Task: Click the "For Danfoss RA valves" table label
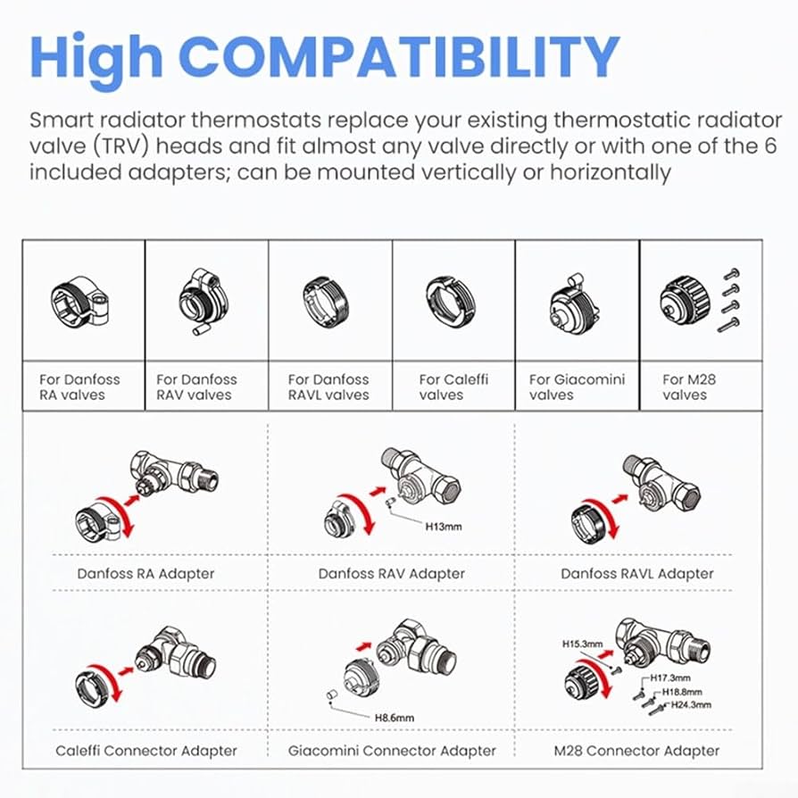point(80,387)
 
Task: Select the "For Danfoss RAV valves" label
point(196,387)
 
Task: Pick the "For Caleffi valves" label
point(453,387)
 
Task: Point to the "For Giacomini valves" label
point(577,387)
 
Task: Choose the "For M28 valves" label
point(689,387)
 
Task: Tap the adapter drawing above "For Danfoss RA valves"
point(80,302)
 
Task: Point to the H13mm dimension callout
point(444,527)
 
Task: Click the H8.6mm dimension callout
point(395,718)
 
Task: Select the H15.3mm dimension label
point(582,644)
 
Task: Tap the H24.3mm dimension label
point(691,705)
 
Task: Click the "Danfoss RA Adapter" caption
point(145,574)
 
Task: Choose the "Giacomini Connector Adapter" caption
point(392,751)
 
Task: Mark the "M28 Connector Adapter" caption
point(636,751)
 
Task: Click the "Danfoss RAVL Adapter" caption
point(637,574)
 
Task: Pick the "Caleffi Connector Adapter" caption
point(146,751)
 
